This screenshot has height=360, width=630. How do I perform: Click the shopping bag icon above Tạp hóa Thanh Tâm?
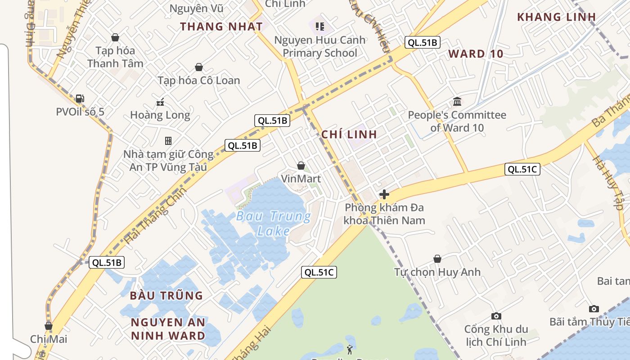[115, 37]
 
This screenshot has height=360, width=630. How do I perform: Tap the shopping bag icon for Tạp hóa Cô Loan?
[198, 67]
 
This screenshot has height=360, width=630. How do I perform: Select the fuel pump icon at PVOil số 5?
[80, 98]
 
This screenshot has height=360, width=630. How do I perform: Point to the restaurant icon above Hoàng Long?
[160, 102]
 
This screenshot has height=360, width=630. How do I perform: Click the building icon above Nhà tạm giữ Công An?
[168, 141]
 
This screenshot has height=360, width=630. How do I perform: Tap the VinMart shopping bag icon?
[301, 166]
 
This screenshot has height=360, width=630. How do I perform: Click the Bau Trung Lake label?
[274, 224]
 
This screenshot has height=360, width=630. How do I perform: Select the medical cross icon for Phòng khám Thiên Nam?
[384, 194]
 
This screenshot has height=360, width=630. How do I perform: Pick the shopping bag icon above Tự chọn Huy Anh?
[437, 259]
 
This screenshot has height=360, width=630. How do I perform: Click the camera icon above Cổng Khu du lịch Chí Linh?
[496, 316]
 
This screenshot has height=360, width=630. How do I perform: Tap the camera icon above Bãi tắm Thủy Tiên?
[594, 309]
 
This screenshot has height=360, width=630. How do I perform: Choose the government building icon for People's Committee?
[457, 101]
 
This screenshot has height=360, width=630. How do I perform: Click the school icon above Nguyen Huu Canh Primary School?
[320, 27]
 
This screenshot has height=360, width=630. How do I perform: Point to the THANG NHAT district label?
[221, 27]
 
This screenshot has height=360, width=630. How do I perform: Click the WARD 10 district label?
[476, 54]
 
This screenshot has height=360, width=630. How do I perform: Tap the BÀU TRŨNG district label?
[166, 296]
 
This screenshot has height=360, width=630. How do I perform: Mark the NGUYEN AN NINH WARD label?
[168, 329]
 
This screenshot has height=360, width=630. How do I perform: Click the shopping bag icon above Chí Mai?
[49, 326]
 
